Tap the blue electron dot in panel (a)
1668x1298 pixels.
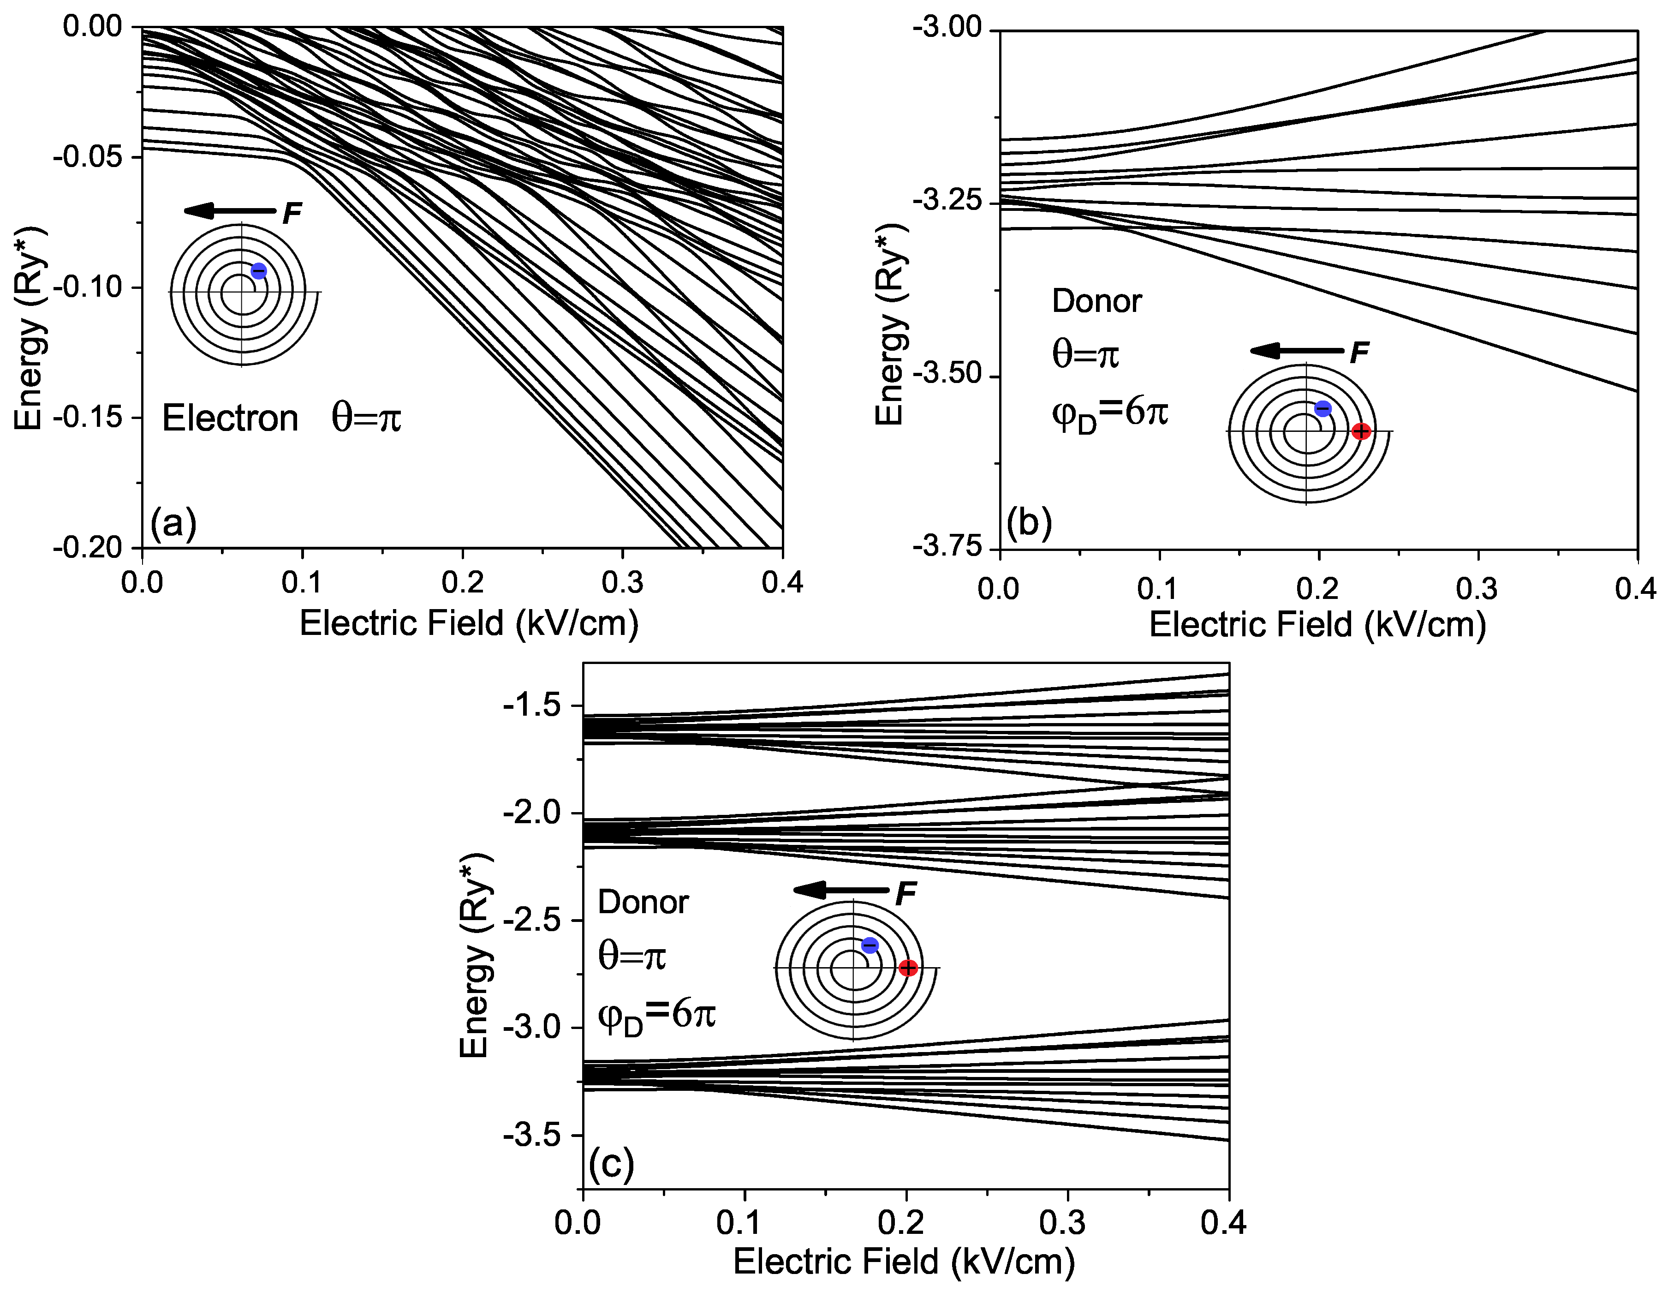259,270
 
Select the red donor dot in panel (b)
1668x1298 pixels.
1361,431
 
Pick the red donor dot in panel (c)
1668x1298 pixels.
908,968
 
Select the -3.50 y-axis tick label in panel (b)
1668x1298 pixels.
948,376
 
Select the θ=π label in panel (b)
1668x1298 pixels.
1085,354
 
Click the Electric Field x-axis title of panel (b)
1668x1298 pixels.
1317,625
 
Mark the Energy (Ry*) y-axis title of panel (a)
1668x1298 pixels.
29,329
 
